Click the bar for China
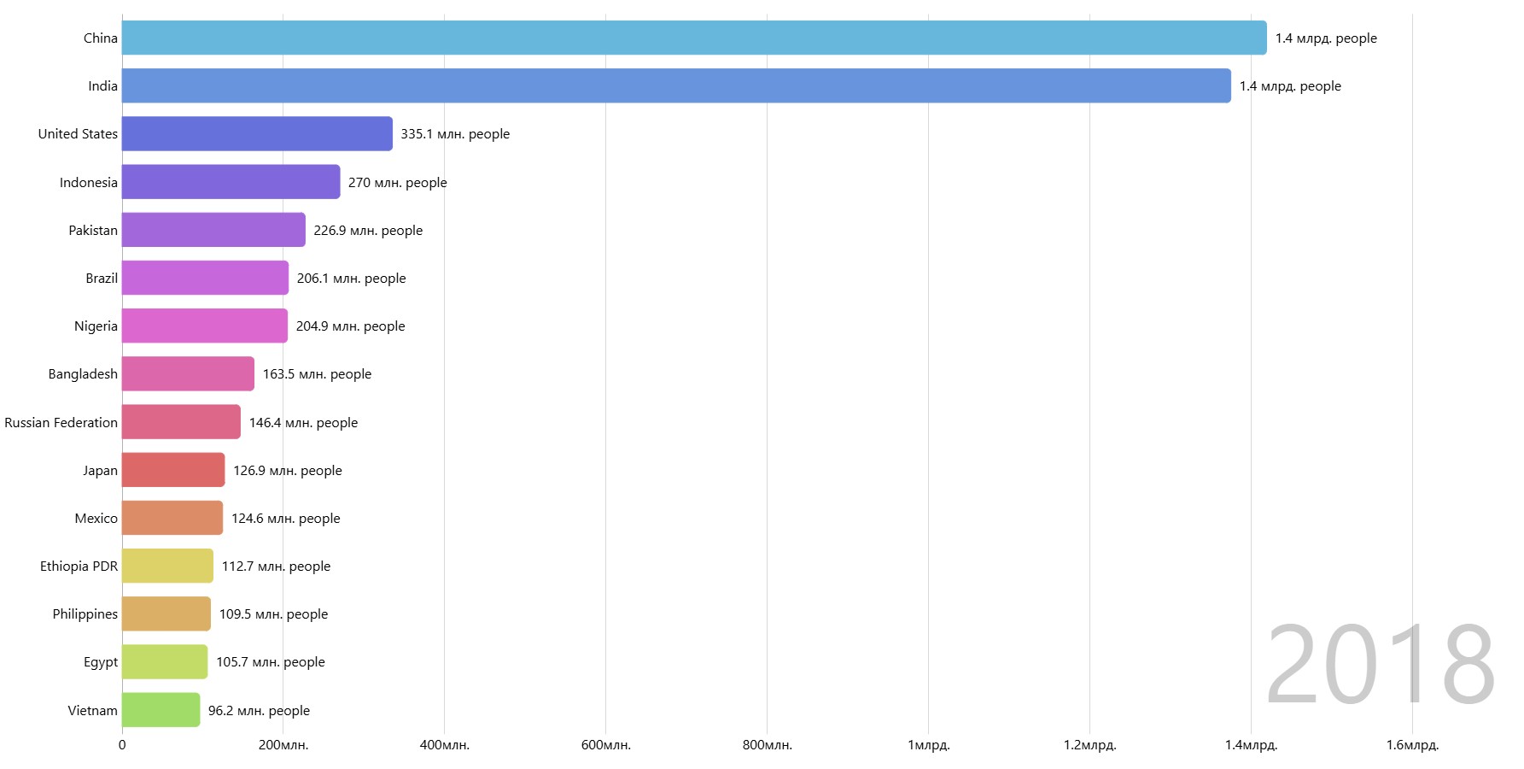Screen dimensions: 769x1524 click(x=693, y=38)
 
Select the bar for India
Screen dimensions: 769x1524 click(x=675, y=85)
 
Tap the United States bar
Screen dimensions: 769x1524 click(x=257, y=134)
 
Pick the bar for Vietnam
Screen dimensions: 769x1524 click(x=161, y=710)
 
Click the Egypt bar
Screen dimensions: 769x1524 click(x=165, y=662)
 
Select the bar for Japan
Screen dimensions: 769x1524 click(x=173, y=470)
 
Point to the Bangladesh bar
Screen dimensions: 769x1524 click(x=188, y=374)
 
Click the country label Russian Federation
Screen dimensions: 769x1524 click(x=61, y=423)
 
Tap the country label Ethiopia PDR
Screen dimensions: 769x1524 click(x=79, y=566)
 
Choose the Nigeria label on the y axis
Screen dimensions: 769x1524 click(x=96, y=326)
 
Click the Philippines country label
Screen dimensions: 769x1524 click(x=85, y=614)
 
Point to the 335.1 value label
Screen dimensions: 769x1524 click(x=455, y=134)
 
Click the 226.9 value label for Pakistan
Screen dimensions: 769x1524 click(x=368, y=231)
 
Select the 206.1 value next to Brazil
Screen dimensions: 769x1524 click(x=351, y=279)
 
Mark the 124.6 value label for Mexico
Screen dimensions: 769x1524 click(x=285, y=519)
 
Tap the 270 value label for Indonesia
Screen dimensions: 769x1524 click(x=397, y=183)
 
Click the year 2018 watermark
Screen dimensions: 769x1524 click(x=1380, y=665)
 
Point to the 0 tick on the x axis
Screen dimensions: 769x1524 click(x=122, y=745)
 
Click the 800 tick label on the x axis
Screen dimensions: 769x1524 click(x=767, y=745)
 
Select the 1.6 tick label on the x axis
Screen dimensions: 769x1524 click(x=1412, y=745)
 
